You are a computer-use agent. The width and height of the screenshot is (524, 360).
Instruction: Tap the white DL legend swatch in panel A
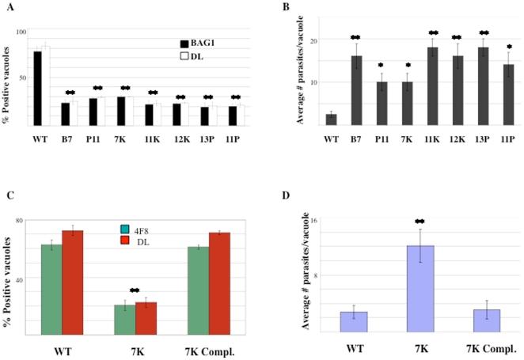(x=184, y=56)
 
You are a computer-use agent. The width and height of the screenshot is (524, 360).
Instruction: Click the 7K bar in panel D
(x=421, y=290)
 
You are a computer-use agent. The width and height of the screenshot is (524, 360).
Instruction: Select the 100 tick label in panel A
(x=21, y=32)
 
